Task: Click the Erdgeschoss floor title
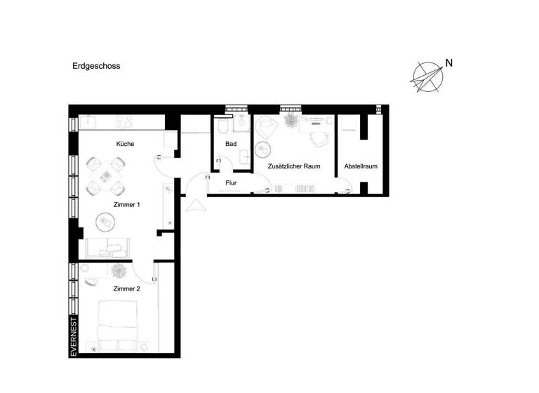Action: point(96,67)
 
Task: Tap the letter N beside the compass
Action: point(448,63)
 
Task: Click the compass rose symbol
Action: point(427,77)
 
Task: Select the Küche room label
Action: point(125,144)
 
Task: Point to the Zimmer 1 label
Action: point(127,204)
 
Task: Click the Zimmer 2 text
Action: point(127,288)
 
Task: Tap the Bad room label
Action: point(231,144)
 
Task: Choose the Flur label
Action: point(231,183)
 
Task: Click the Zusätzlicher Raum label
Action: point(294,166)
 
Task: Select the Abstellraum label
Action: point(361,166)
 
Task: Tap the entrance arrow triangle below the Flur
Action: point(194,205)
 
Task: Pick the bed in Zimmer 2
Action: point(117,326)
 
